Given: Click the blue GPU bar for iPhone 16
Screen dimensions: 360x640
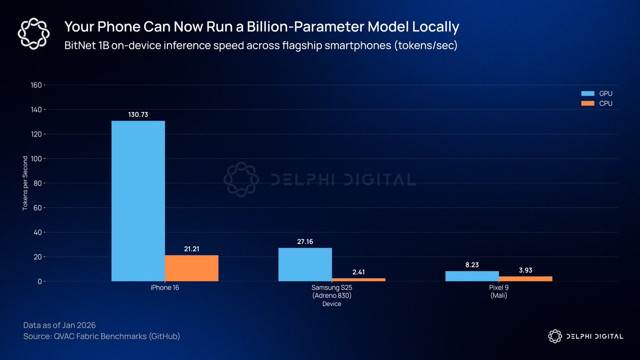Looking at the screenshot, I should [138, 201].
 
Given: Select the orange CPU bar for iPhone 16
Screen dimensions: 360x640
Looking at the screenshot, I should [191, 268].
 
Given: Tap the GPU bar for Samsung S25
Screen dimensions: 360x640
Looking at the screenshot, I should [305, 265].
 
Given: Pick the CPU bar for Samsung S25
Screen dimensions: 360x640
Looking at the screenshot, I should [358, 279].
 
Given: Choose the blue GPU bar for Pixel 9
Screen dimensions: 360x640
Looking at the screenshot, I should [472, 276].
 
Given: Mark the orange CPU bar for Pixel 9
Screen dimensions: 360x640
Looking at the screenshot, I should [525, 278].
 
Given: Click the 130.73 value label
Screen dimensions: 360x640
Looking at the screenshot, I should [138, 115].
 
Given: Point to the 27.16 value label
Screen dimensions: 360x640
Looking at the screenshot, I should [305, 242].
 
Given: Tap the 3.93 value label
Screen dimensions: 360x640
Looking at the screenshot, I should [525, 270].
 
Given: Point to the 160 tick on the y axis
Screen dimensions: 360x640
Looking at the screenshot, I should [37, 85].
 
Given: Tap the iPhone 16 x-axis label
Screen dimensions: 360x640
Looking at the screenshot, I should [165, 289].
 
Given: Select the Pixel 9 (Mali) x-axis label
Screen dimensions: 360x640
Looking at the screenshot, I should [499, 292].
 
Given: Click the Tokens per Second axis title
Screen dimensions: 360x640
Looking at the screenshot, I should [25, 183].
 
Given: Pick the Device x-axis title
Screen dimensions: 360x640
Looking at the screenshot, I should [332, 304].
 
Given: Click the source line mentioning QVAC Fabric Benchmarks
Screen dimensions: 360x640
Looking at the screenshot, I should [101, 337].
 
